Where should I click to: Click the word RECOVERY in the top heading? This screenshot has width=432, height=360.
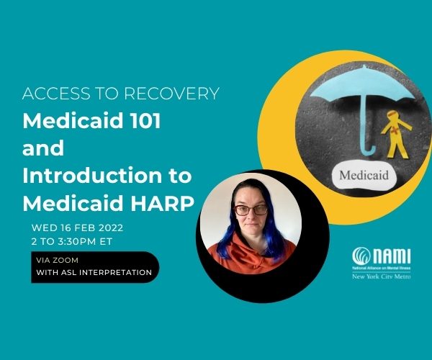171,94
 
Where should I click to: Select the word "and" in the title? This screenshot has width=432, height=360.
43,148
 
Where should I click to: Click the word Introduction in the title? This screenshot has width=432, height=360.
92,176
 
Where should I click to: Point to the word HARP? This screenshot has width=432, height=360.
162,203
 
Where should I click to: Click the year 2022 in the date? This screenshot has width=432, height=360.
111,228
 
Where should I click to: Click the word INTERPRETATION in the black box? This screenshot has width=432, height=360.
115,272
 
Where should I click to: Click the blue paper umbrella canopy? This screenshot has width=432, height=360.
362,83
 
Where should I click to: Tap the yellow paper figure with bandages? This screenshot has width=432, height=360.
395,134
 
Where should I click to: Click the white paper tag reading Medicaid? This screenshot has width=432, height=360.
364,175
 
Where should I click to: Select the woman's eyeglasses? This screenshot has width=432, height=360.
251,210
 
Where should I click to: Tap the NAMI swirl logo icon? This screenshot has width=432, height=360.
361,256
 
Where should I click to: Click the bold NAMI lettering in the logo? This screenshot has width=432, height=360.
392,256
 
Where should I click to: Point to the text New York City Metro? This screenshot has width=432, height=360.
382,276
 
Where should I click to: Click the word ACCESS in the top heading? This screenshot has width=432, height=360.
56,94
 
